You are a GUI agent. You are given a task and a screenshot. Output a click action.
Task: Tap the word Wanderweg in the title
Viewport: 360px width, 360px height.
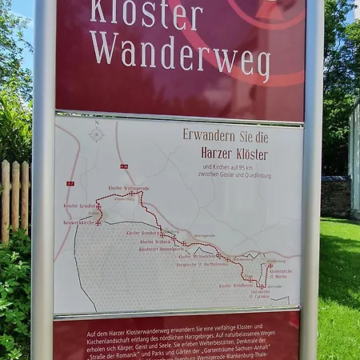point(179,53)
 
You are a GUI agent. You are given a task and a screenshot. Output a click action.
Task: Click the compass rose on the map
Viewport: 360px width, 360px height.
point(97,134)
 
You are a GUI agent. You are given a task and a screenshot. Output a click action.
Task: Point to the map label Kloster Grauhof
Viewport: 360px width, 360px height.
point(78,206)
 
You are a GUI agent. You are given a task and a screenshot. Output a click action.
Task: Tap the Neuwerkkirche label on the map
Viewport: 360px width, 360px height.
point(78,222)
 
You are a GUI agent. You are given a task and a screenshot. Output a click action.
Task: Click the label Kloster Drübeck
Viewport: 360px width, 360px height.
point(156,241)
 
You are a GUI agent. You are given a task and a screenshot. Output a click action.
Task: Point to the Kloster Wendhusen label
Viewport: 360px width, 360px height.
point(235,285)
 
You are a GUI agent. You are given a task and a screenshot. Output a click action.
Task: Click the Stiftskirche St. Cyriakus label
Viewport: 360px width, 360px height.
point(260,294)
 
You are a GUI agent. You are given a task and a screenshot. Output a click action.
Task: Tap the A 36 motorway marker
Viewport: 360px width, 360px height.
point(124,166)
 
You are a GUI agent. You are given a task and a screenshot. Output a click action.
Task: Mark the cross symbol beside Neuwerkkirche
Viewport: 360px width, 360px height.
point(98,222)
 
